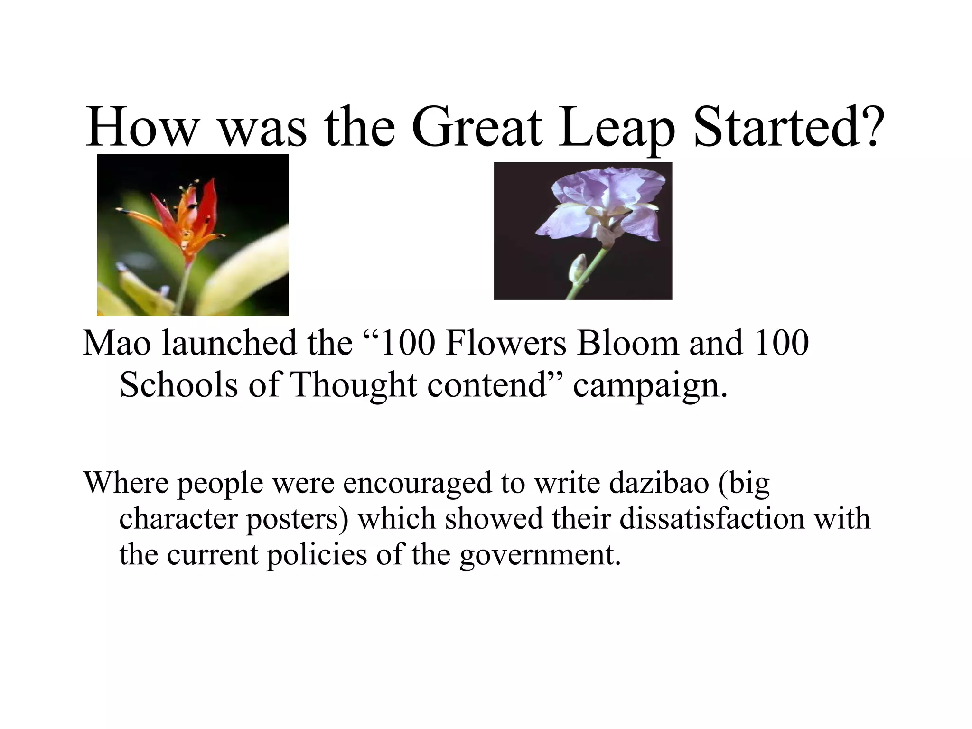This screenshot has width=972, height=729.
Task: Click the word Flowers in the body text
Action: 506,343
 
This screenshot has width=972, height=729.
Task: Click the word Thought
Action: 354,384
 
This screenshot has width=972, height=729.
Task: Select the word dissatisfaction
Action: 712,518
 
